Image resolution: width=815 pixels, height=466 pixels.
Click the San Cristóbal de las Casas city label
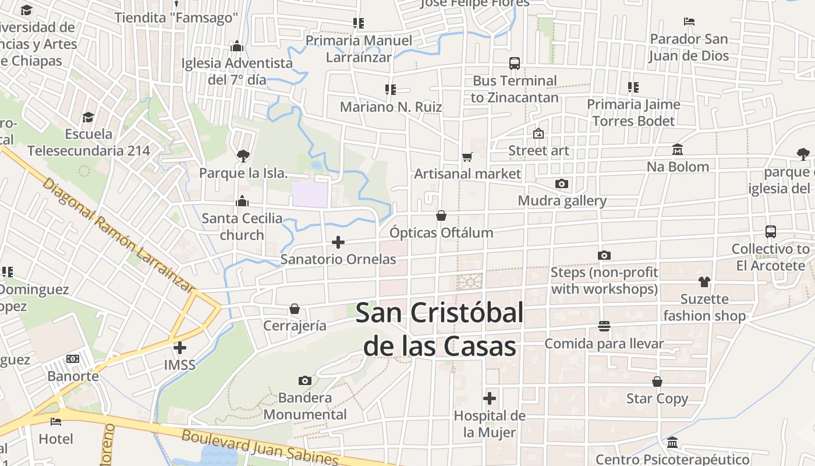440,330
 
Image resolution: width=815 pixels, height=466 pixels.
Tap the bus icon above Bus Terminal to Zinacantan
515,63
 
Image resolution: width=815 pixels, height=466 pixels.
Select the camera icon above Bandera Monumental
304,380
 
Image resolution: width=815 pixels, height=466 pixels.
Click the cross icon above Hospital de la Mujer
490,398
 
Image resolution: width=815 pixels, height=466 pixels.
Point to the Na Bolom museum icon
678,150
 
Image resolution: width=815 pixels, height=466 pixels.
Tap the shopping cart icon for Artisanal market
467,157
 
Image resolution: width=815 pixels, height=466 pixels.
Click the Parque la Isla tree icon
243,156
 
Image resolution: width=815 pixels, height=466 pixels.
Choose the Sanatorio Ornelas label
338,259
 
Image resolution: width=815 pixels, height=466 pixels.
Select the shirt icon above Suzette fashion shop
704,282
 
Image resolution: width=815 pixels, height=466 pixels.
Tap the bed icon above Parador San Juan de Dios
689,22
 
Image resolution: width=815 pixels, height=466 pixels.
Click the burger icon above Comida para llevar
604,326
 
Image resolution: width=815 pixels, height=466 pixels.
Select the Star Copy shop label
657,399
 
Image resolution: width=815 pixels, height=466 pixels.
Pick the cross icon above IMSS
180,348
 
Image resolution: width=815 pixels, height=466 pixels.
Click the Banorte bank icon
73,359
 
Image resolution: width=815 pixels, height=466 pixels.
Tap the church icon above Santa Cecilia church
242,202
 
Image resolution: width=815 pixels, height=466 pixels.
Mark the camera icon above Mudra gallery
562,184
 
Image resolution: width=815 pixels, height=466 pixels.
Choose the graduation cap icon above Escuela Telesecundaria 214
88,117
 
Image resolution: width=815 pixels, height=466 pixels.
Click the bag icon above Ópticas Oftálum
441,216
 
